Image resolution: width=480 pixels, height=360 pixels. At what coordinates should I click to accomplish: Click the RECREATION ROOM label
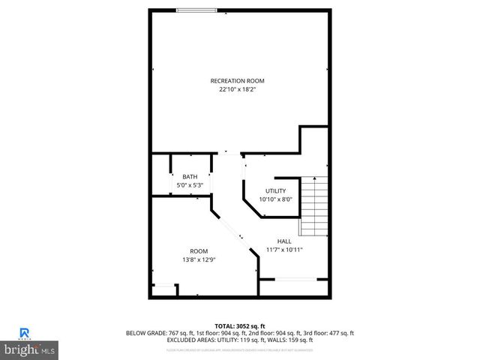(237, 80)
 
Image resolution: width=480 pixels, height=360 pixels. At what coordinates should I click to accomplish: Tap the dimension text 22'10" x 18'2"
(237, 90)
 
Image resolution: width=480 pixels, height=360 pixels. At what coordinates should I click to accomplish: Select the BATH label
(190, 177)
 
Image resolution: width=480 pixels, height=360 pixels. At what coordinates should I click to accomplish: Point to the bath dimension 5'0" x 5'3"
(190, 185)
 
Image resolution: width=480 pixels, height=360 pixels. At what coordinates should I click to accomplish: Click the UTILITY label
(276, 191)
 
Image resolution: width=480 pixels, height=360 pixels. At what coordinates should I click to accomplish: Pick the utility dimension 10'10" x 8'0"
(276, 199)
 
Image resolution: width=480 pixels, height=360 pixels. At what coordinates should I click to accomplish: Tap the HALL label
(284, 241)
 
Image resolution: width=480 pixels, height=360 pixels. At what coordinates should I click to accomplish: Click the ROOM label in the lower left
(199, 251)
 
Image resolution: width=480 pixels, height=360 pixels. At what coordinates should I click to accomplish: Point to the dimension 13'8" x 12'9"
(199, 259)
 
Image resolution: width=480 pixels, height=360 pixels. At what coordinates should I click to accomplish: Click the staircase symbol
(314, 206)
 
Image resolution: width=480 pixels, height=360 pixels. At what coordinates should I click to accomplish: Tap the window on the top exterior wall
(196, 10)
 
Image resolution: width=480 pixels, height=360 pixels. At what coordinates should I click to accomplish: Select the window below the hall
(295, 280)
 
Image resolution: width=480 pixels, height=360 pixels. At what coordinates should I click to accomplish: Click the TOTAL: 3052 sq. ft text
(239, 325)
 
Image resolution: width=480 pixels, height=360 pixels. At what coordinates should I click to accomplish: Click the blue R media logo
(25, 332)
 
